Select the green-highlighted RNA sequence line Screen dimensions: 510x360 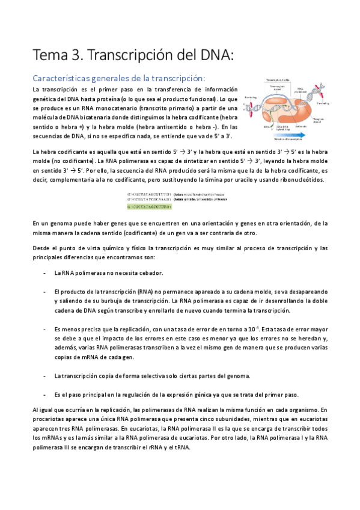click(x=150, y=206)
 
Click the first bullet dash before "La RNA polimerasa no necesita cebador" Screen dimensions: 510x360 click(x=46, y=272)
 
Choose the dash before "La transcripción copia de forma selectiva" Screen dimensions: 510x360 click(x=46, y=376)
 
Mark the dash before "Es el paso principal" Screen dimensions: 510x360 click(x=46, y=395)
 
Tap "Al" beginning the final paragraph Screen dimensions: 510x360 click(x=36, y=409)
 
